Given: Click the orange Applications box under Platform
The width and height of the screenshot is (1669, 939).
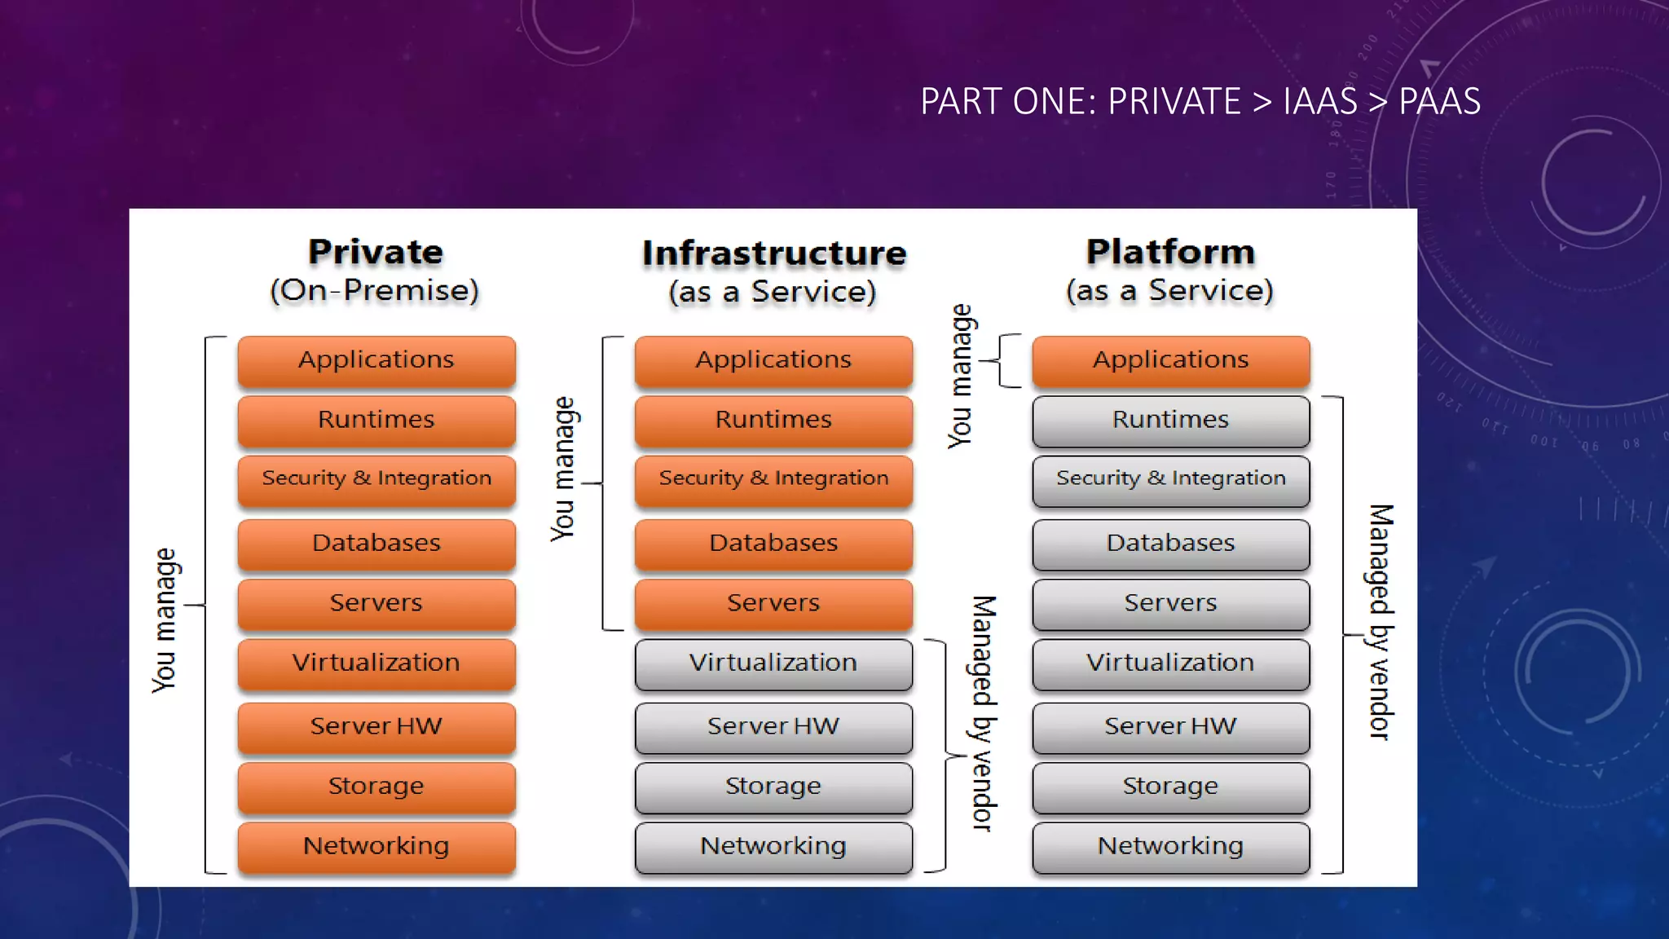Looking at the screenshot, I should pyautogui.click(x=1170, y=360).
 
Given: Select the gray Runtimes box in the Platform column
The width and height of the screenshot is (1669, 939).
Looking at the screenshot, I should pyautogui.click(x=1170, y=420).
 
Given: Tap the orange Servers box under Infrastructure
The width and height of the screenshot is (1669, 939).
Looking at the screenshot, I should pyautogui.click(x=773, y=603).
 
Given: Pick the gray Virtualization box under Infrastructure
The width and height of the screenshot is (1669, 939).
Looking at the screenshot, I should pyautogui.click(x=773, y=663).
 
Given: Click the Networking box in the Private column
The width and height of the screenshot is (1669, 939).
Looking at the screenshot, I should pyautogui.click(x=376, y=846).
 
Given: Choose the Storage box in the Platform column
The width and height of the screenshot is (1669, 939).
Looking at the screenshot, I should pyautogui.click(x=1170, y=787).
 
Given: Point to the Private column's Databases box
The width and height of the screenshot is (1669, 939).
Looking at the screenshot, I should pyautogui.click(x=376, y=544).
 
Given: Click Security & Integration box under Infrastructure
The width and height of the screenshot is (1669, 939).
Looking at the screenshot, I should pyautogui.click(x=773, y=479).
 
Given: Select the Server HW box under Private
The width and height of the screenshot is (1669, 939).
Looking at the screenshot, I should pyautogui.click(x=376, y=726).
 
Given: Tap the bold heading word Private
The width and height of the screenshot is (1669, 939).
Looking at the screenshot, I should pyautogui.click(x=376, y=252).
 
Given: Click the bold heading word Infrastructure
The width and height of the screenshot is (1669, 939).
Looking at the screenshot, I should pyautogui.click(x=773, y=253).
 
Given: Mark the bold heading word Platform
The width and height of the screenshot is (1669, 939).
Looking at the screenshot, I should pyautogui.click(x=1170, y=252).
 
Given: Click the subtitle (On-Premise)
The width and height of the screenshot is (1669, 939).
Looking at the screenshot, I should pyautogui.click(x=374, y=291).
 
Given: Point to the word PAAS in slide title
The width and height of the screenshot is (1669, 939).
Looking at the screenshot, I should pyautogui.click(x=1439, y=102).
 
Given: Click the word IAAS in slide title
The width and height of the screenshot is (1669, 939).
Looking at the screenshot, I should pyautogui.click(x=1320, y=102).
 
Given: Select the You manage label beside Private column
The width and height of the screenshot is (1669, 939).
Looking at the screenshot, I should pyautogui.click(x=165, y=620).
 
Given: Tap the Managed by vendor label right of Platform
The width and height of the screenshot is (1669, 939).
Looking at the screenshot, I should pyautogui.click(x=1380, y=622).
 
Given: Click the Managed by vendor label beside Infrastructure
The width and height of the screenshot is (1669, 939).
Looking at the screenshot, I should pyautogui.click(x=984, y=713).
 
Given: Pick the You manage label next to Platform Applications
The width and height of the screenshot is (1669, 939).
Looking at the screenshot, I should pyautogui.click(x=961, y=376).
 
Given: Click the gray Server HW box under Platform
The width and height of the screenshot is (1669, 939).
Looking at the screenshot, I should pyautogui.click(x=1170, y=726).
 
